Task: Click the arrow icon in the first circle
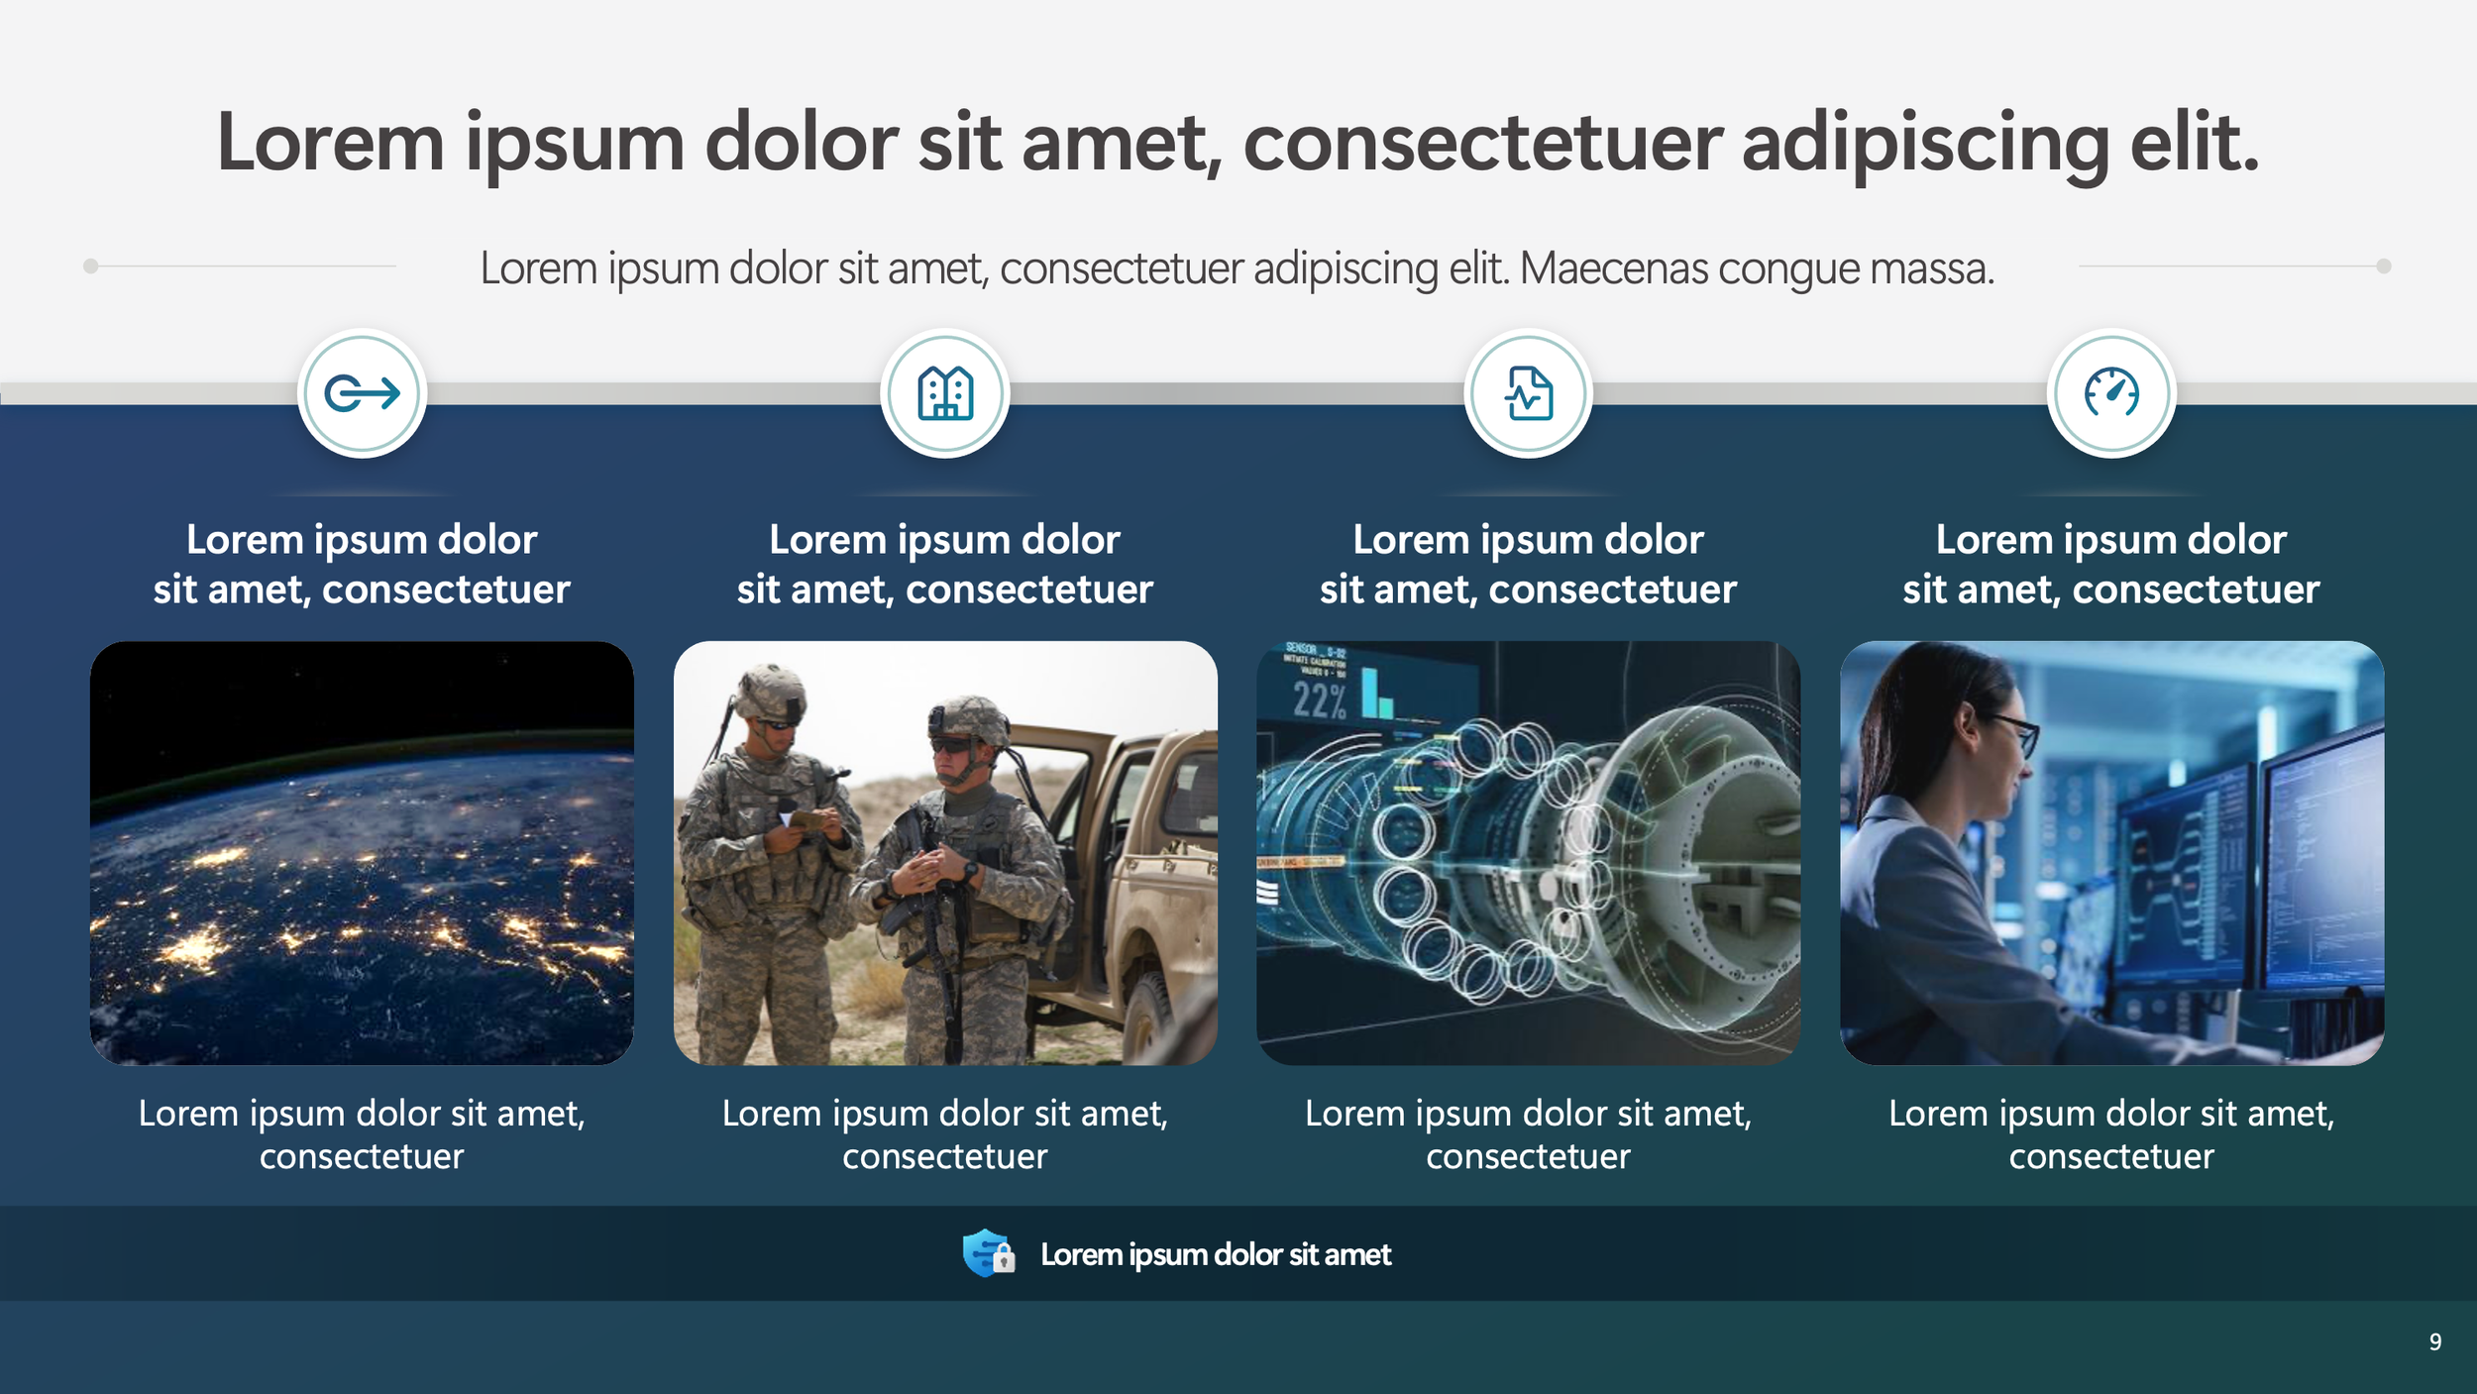coord(362,393)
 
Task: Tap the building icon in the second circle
coord(945,393)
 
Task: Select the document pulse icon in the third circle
coord(1529,393)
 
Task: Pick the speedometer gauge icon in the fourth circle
coord(2111,393)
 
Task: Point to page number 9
coord(2434,1341)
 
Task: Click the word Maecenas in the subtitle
coord(1613,268)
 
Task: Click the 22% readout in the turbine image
coord(1320,700)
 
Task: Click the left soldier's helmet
coord(770,691)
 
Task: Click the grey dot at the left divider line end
coord(90,266)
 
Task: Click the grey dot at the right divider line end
coord(2384,266)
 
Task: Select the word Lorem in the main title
coord(329,144)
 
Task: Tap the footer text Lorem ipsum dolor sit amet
coord(1215,1254)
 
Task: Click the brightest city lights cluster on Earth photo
coord(196,946)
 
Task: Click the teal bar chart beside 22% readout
coord(1377,694)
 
